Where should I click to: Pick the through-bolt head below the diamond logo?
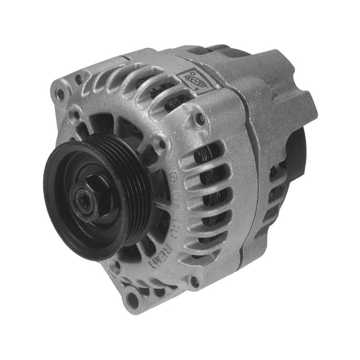tap(201, 119)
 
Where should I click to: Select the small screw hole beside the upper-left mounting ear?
tap(78, 79)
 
